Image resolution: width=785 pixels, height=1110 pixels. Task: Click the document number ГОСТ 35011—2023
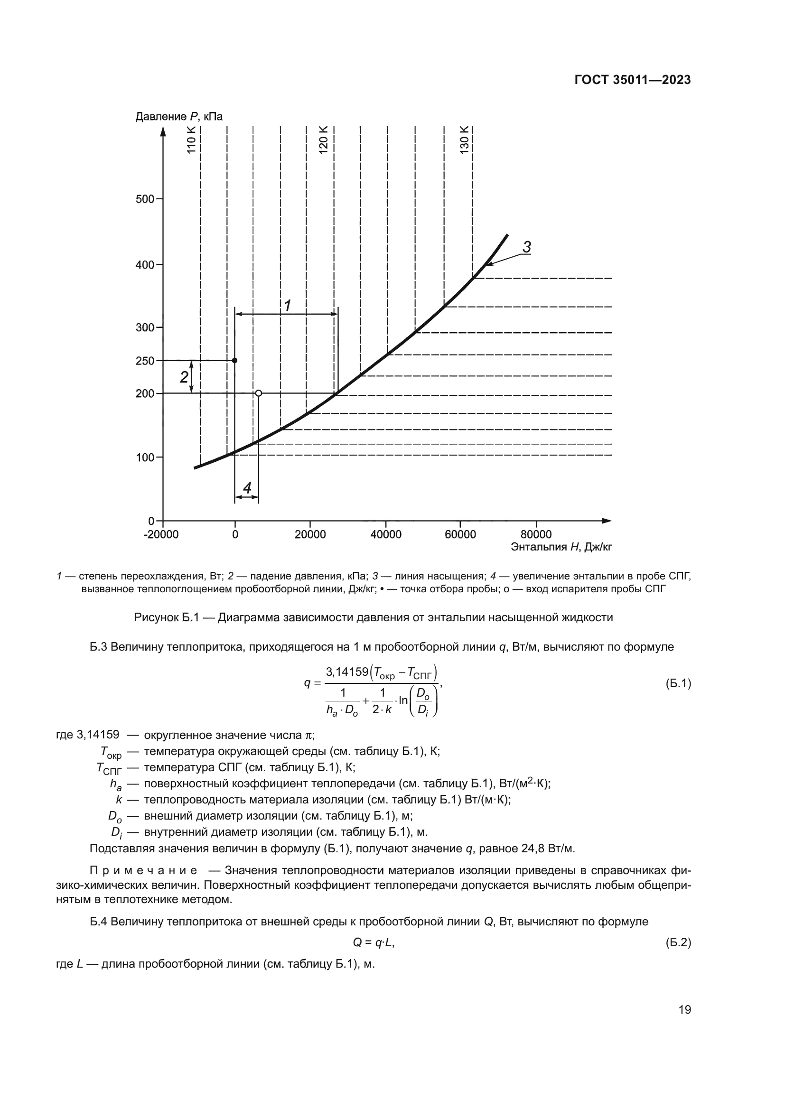(x=632, y=80)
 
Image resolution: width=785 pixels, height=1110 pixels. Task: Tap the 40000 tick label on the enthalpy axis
(x=385, y=535)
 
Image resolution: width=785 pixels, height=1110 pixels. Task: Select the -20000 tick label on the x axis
(x=161, y=535)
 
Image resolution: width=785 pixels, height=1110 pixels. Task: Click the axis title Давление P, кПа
(x=179, y=117)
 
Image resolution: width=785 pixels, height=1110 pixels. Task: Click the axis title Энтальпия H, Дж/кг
(x=561, y=547)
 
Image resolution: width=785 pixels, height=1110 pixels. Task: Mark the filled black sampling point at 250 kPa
(x=235, y=361)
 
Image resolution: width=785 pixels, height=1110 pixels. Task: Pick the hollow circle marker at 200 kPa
(x=259, y=393)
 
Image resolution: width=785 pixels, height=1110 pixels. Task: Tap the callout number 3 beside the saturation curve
(x=527, y=247)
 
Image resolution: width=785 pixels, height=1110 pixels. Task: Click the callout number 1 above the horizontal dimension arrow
(x=287, y=306)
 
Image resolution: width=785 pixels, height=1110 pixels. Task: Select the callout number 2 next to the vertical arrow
(x=184, y=377)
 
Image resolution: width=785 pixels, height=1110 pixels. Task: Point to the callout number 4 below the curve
(x=247, y=488)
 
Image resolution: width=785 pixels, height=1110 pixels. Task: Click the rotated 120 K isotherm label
(x=323, y=140)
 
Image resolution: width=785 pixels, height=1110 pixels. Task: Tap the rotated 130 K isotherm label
(x=464, y=140)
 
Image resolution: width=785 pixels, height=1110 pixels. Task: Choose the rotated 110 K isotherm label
(x=191, y=140)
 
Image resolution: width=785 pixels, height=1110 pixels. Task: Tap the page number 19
(x=684, y=1010)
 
